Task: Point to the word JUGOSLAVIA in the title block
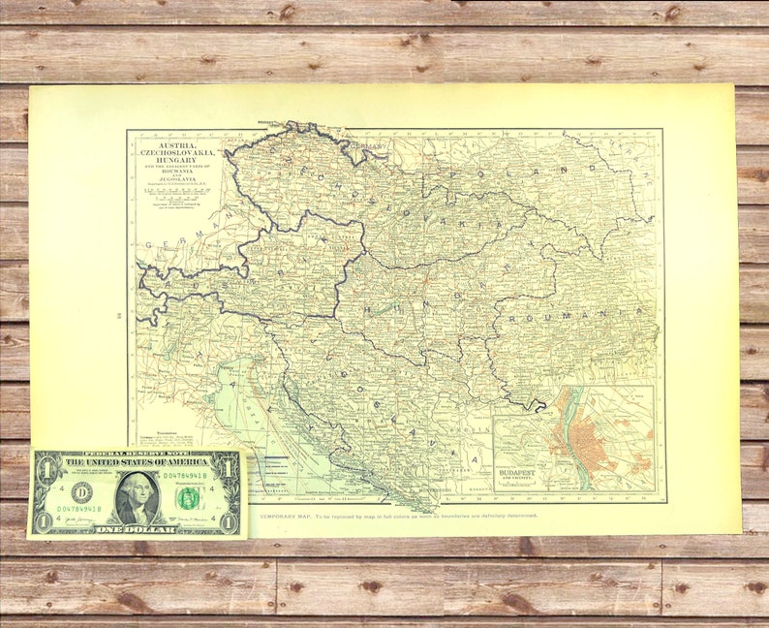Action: (178, 179)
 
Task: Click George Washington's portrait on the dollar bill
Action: (137, 496)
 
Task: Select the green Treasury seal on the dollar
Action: (188, 498)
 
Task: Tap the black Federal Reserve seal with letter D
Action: (82, 492)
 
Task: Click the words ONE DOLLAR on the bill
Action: (137, 528)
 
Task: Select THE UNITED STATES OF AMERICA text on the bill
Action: (137, 463)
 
